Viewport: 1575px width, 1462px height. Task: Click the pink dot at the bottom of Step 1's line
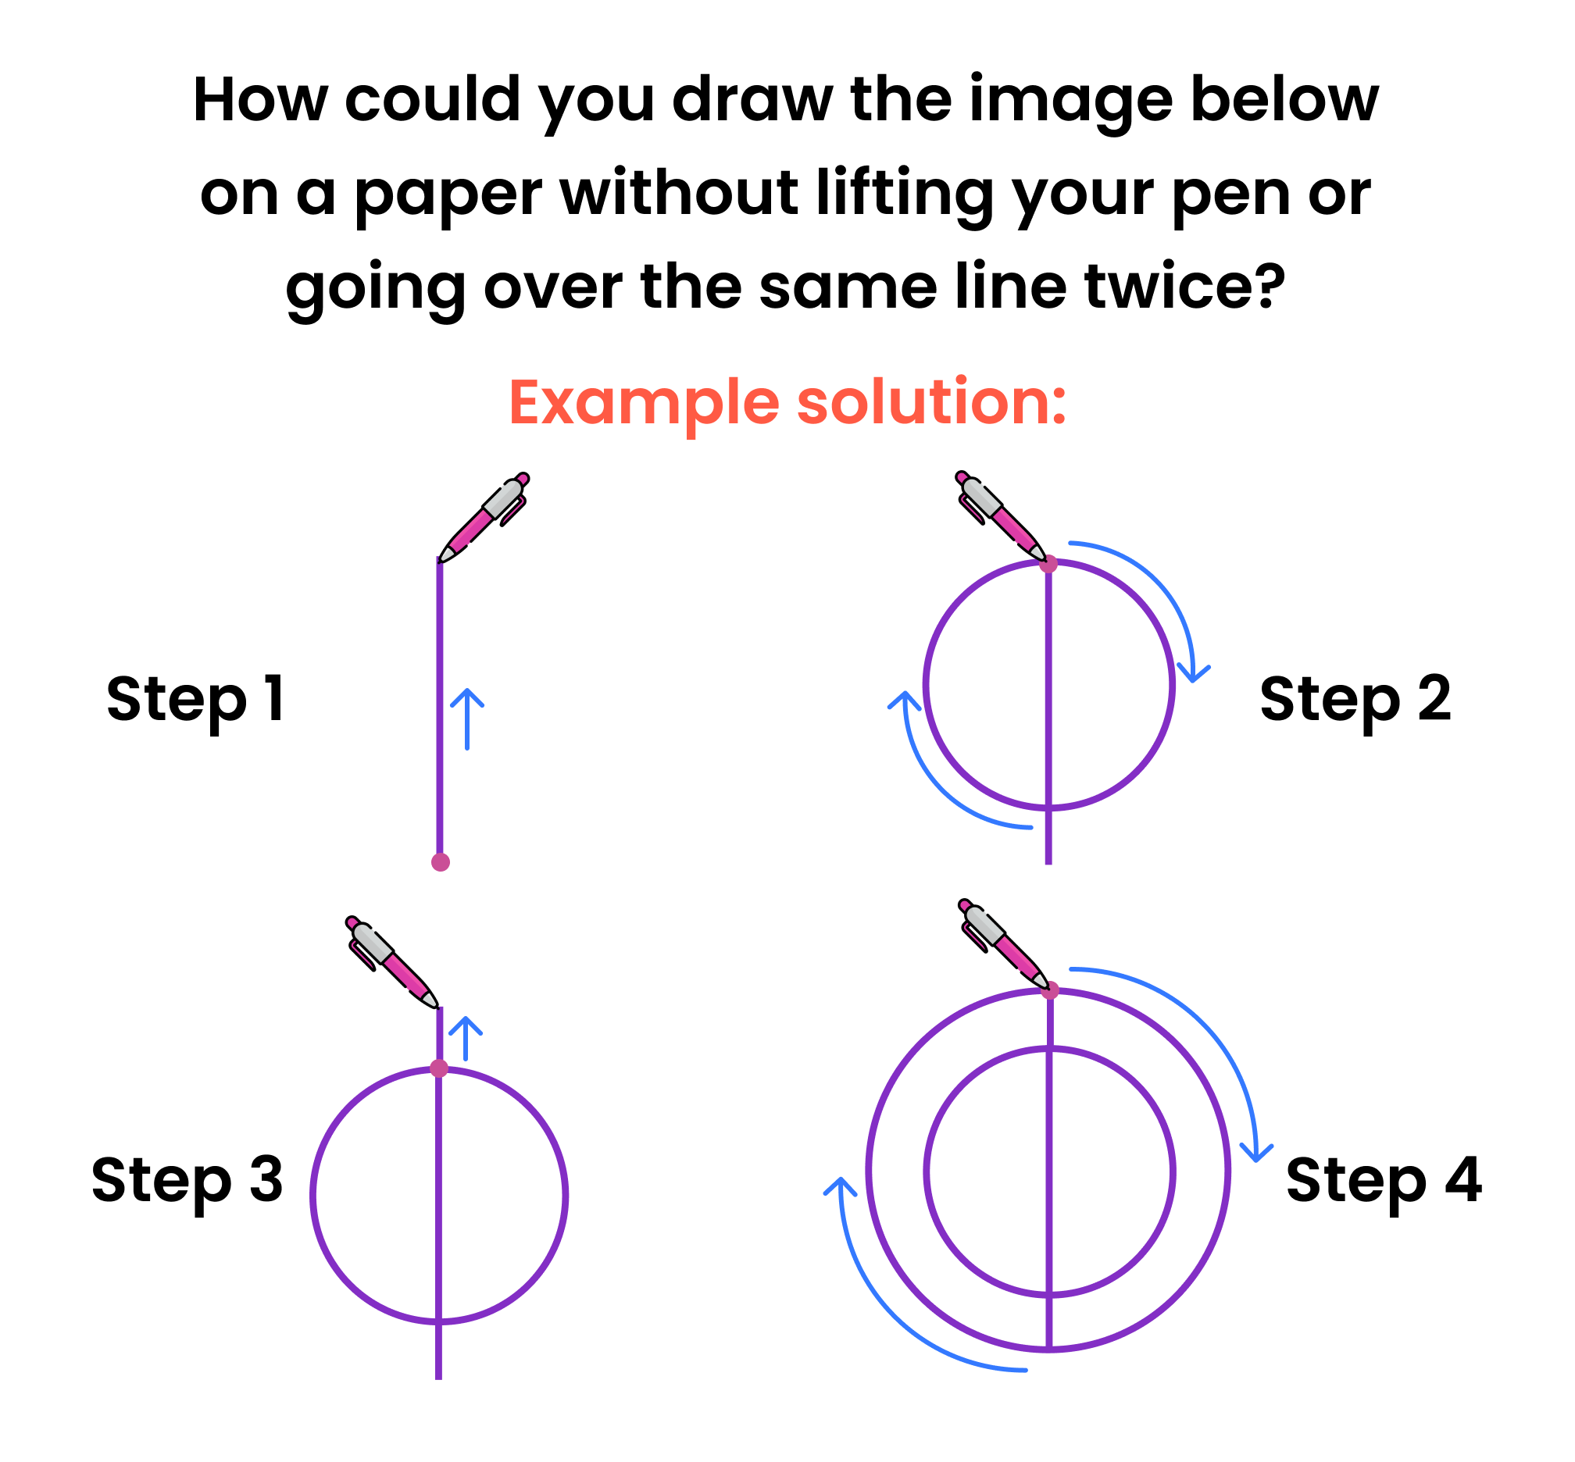[441, 862]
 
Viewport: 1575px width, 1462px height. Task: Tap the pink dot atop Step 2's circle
[1048, 564]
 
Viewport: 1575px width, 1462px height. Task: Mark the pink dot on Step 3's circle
[439, 1069]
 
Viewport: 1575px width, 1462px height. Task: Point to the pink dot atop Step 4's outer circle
[1050, 990]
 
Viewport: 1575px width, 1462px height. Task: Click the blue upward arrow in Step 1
[467, 719]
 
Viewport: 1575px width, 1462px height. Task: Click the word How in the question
[260, 100]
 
